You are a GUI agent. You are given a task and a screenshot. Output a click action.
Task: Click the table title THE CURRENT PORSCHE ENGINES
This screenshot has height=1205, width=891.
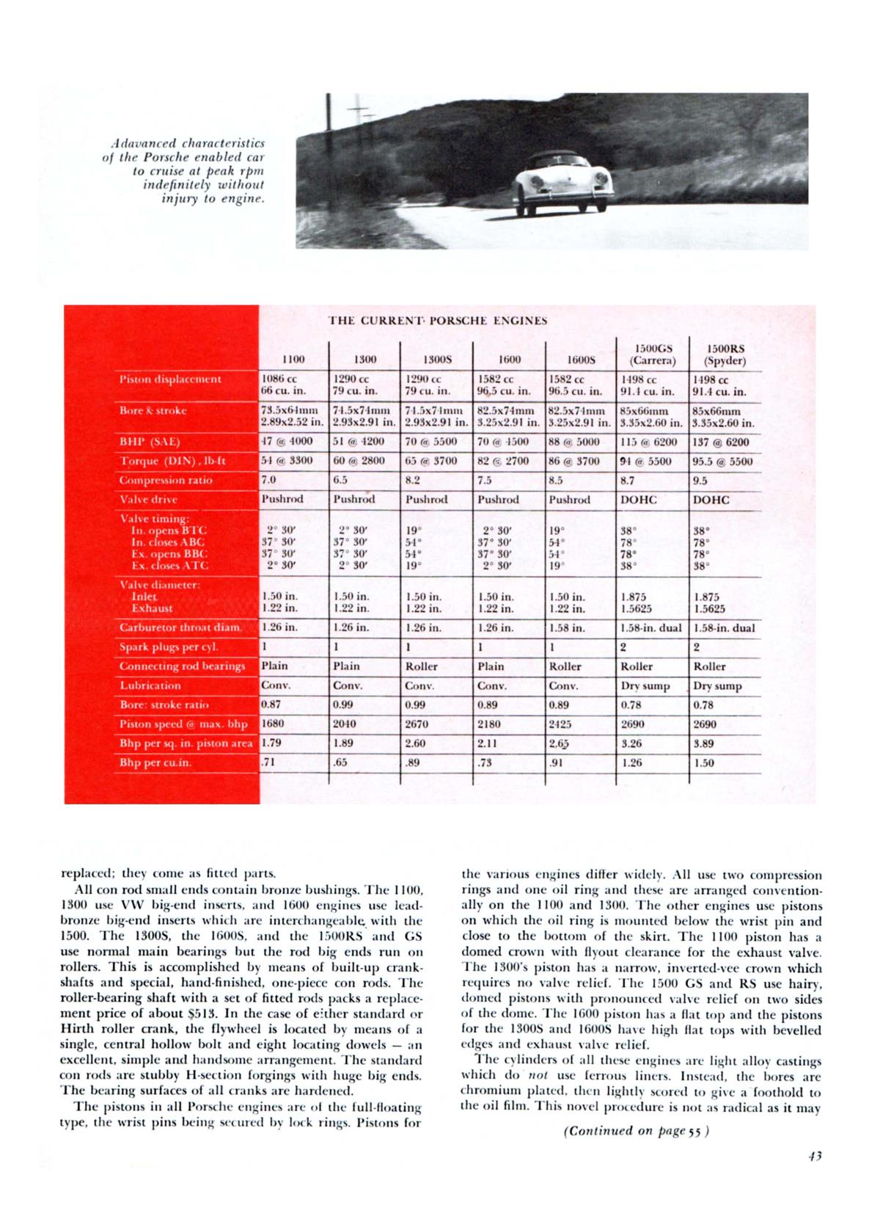pyautogui.click(x=437, y=321)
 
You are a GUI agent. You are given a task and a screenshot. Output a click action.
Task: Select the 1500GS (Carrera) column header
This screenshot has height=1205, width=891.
pyautogui.click(x=653, y=354)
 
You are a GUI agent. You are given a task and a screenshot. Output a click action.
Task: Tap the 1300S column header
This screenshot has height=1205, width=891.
pyautogui.click(x=436, y=360)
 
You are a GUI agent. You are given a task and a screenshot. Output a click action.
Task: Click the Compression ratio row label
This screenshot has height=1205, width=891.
pyautogui.click(x=166, y=481)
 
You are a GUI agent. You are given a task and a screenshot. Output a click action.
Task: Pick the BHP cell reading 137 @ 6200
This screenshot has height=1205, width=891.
pyautogui.click(x=723, y=443)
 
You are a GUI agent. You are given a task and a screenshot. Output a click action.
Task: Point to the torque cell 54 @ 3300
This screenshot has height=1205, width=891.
pyautogui.click(x=287, y=461)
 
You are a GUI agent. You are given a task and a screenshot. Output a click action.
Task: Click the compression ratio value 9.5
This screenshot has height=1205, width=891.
pyautogui.click(x=700, y=481)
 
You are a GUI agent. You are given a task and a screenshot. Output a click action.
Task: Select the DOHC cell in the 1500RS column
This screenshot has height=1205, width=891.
pyautogui.click(x=711, y=500)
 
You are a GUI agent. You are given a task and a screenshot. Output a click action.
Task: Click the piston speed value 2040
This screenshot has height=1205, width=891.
pyautogui.click(x=345, y=724)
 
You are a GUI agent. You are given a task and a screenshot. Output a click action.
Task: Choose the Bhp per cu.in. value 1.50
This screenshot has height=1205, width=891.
pyautogui.click(x=704, y=762)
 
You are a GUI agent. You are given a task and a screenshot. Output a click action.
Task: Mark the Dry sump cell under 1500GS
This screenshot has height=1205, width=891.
pyautogui.click(x=645, y=686)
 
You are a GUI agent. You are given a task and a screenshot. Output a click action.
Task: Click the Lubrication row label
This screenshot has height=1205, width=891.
pyautogui.click(x=150, y=685)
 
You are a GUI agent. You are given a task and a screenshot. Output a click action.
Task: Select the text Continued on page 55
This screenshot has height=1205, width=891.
pyautogui.click(x=635, y=1131)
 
